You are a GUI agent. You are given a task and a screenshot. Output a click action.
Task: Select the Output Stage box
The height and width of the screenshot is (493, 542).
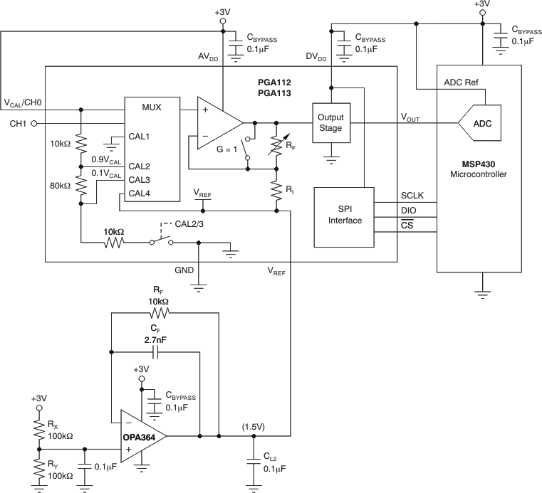pyautogui.click(x=330, y=122)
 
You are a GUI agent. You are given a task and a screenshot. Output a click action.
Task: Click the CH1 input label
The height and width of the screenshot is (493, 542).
pyautogui.click(x=18, y=124)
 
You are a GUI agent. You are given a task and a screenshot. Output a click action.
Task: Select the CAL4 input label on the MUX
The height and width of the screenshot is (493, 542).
pyautogui.click(x=140, y=193)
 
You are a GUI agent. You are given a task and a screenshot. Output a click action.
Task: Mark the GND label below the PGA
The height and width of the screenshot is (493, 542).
pyautogui.click(x=185, y=271)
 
